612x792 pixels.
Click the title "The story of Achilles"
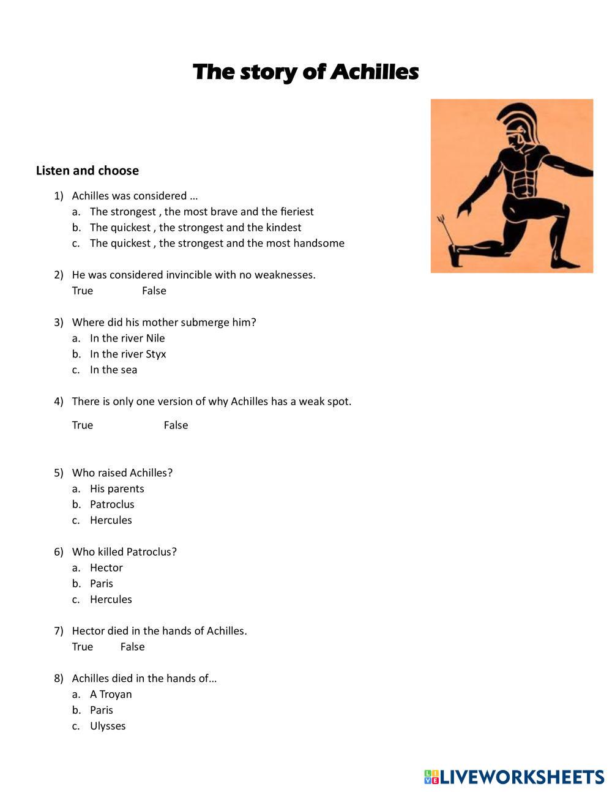pyautogui.click(x=305, y=72)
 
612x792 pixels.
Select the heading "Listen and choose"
pyautogui.click(x=87, y=171)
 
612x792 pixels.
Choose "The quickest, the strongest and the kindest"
pyautogui.click(x=195, y=228)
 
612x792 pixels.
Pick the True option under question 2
pyautogui.click(x=83, y=291)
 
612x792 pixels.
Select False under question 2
pyautogui.click(x=154, y=291)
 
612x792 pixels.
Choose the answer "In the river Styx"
pyautogui.click(x=127, y=354)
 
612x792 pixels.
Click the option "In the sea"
pyautogui.click(x=113, y=370)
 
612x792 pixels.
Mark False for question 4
pyautogui.click(x=176, y=425)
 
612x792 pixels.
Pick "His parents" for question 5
pyautogui.click(x=117, y=489)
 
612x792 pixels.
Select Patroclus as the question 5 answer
pyautogui.click(x=112, y=505)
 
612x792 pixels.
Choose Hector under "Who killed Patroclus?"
pyautogui.click(x=106, y=568)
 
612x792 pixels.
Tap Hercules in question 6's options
pyautogui.click(x=111, y=600)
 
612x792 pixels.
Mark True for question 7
pyautogui.click(x=83, y=647)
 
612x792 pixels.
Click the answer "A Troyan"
pyautogui.click(x=111, y=695)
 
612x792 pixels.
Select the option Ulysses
pyautogui.click(x=108, y=727)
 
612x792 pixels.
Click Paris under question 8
pyautogui.click(x=102, y=711)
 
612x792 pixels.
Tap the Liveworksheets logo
pyautogui.click(x=514, y=777)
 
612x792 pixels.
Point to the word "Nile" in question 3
pyautogui.click(x=155, y=338)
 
